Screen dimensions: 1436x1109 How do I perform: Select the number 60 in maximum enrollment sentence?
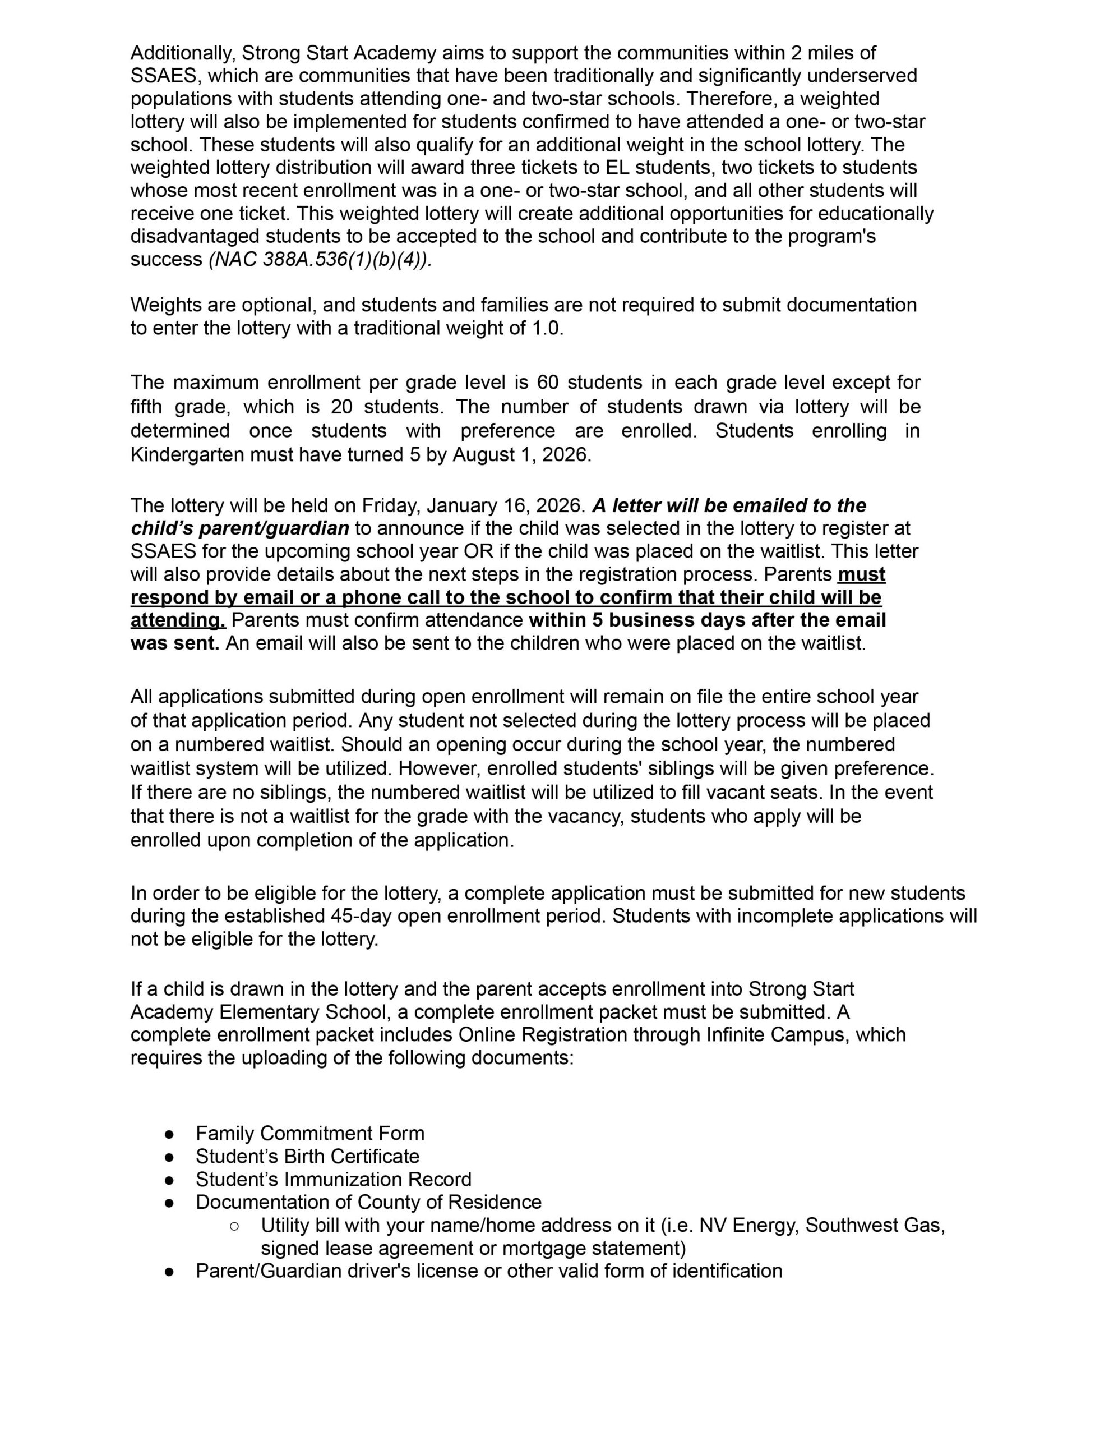click(548, 382)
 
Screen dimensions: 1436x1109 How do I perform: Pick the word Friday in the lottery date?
click(390, 505)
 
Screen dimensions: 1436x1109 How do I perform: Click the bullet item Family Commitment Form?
click(309, 1133)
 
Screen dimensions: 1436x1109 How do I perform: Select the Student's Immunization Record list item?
click(333, 1179)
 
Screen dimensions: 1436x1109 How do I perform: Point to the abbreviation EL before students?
click(618, 168)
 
